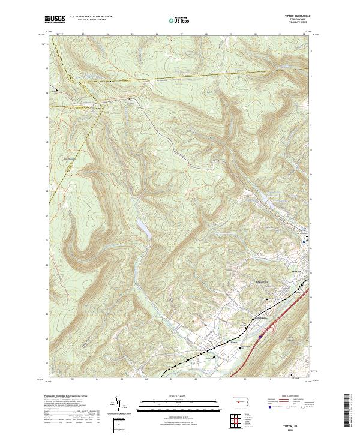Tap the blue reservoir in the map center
tap(143, 227)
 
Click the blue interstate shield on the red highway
tap(259, 337)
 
